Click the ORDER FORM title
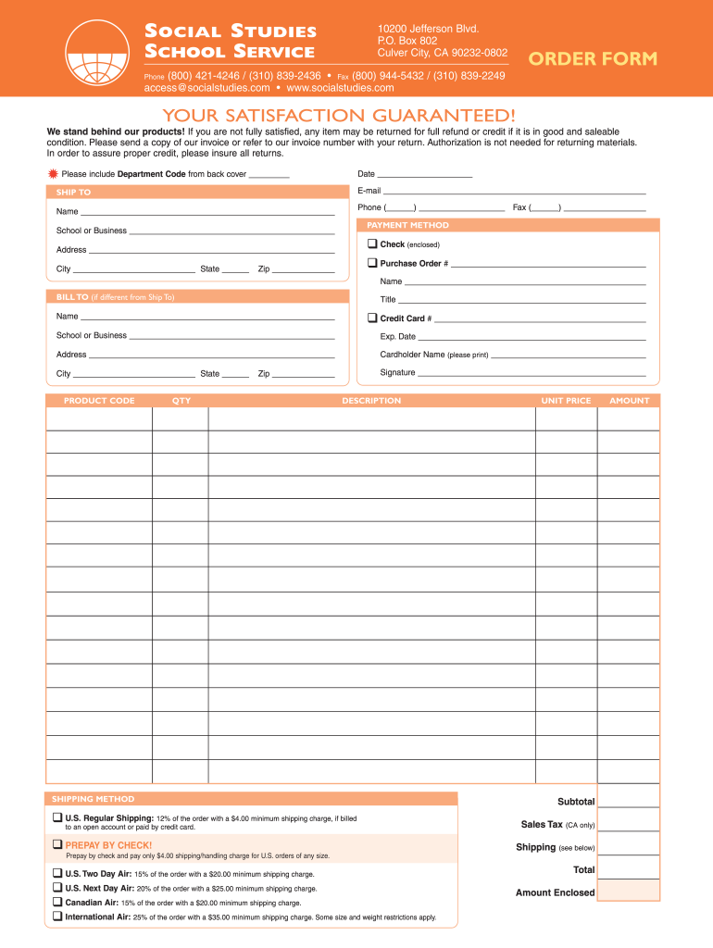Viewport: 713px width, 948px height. (593, 59)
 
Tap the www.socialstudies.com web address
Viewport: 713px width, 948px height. (341, 88)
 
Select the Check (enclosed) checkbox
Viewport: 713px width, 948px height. (372, 244)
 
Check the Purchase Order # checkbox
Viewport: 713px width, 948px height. (372, 263)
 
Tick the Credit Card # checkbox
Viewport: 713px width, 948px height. (372, 318)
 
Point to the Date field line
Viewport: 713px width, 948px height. (425, 174)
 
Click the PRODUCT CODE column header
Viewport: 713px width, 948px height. (99, 401)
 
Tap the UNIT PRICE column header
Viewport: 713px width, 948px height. (566, 401)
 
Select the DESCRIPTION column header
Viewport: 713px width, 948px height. (371, 401)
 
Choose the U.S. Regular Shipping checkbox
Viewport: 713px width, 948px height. (57, 817)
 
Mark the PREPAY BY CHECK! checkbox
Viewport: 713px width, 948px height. (57, 844)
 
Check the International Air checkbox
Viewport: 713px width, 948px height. (57, 917)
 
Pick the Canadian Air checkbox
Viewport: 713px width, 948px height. (57, 902)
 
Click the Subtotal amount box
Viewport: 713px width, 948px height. (629, 801)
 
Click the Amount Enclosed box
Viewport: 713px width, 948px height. (629, 892)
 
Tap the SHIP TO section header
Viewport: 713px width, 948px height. (74, 193)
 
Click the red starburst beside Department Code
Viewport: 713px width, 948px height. (53, 174)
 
